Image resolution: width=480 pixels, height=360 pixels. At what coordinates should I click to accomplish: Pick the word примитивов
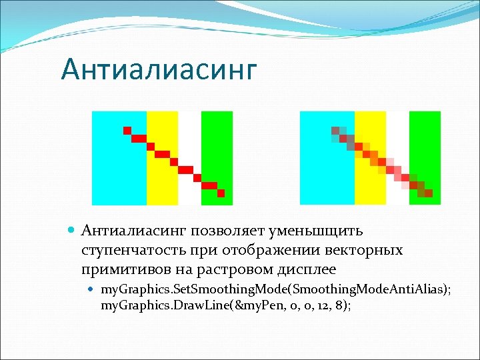pos(121,269)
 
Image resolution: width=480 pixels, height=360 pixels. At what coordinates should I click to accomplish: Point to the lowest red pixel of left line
pos(221,193)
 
